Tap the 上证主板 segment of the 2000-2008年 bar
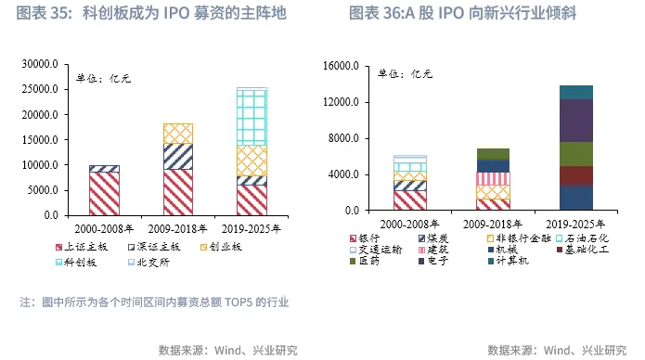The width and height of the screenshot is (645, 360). click(104, 193)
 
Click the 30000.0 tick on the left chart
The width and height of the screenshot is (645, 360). click(41, 65)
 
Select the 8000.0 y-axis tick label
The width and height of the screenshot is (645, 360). click(342, 139)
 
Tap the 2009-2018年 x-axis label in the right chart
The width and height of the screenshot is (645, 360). click(493, 224)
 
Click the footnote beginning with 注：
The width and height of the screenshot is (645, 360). click(154, 302)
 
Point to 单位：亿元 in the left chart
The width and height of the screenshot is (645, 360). click(104, 79)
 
